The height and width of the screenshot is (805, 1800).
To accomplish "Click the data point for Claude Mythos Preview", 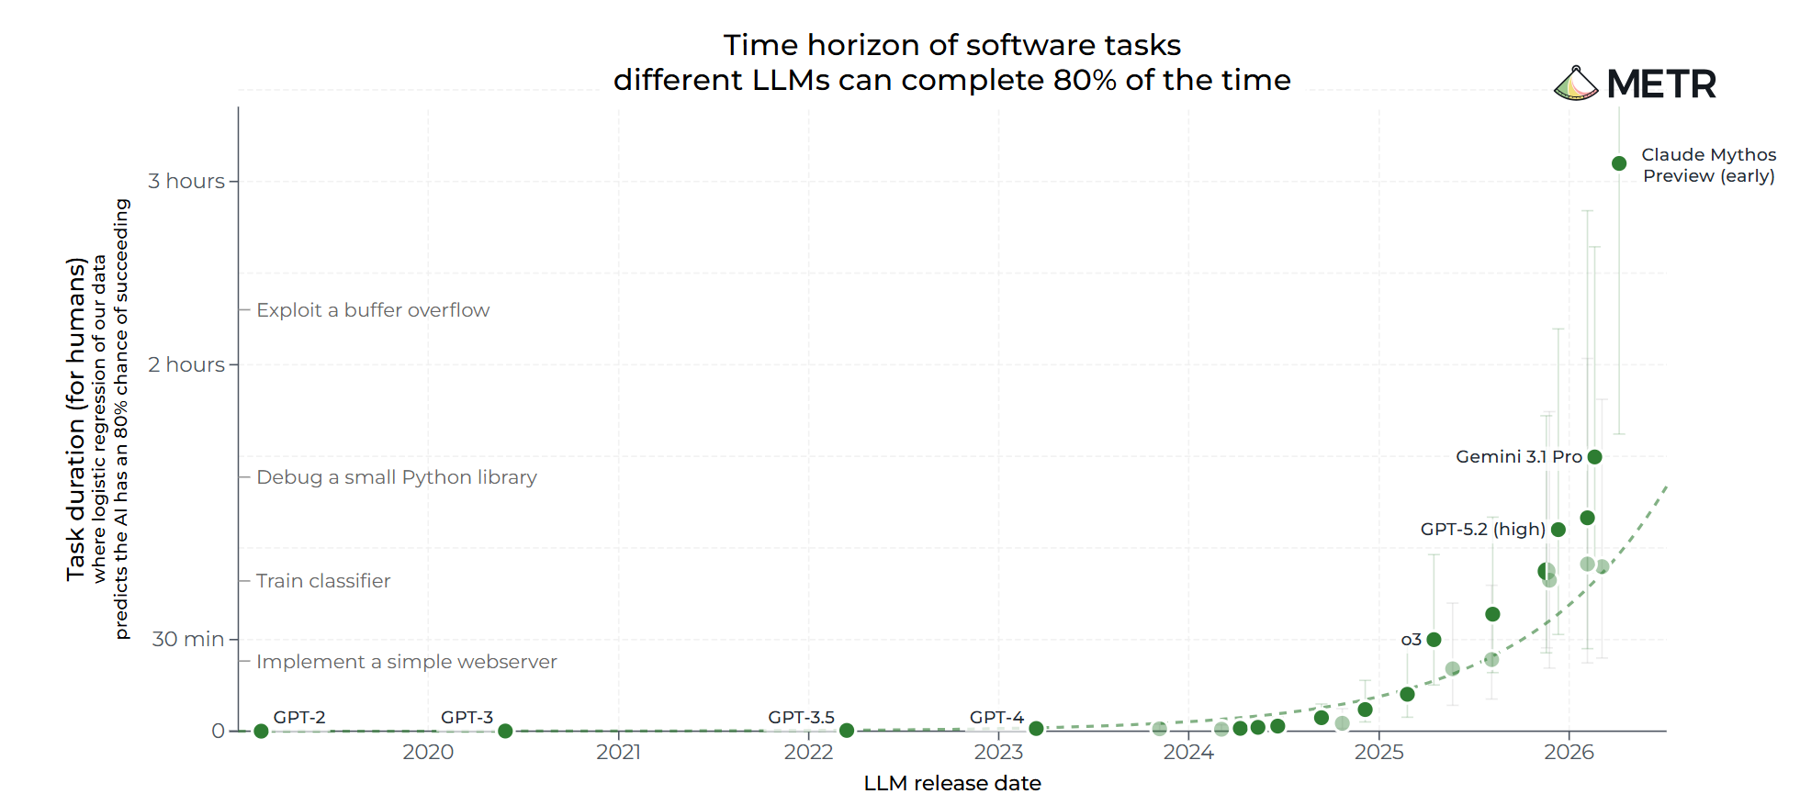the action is (1619, 163).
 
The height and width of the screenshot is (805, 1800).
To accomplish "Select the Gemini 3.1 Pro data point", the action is (1594, 457).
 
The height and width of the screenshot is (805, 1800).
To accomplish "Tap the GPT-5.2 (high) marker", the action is (1558, 530).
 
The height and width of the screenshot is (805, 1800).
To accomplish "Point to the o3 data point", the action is (1434, 640).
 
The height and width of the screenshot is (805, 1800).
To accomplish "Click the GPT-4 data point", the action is (1036, 729).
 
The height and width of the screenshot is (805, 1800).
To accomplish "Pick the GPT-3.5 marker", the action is (847, 731).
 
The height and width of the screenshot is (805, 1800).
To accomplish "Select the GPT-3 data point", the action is (505, 732).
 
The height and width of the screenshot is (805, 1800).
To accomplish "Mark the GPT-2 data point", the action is (261, 732).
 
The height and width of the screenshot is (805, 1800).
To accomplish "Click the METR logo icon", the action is (1576, 84).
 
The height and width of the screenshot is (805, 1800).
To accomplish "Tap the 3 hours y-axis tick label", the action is (186, 182).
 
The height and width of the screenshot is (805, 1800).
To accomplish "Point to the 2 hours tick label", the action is (186, 365).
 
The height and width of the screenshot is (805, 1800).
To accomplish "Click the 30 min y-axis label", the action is (188, 639).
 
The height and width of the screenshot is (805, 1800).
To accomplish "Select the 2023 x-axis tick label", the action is (998, 753).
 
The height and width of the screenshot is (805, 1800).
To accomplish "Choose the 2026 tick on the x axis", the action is (1569, 753).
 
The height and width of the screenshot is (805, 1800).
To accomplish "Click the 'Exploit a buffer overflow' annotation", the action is (373, 310).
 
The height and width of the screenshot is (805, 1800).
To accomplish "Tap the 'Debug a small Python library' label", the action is (397, 477).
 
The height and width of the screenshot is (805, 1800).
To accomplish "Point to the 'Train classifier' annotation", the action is (323, 581).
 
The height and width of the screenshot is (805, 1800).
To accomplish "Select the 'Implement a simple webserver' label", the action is (407, 662).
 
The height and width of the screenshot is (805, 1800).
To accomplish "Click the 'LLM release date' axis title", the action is (952, 783).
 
